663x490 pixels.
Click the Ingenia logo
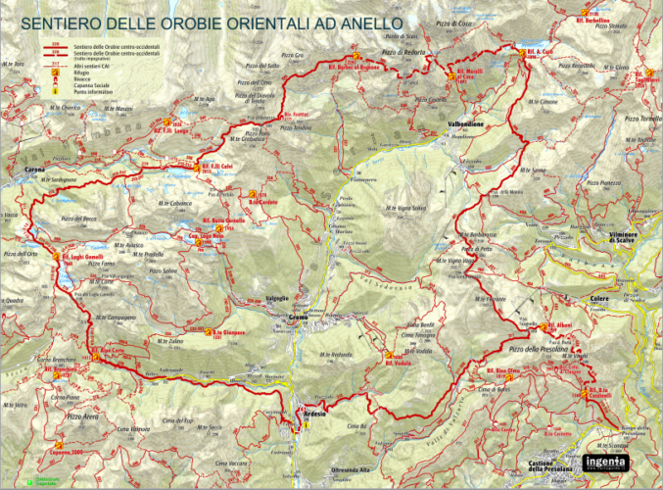coord(610,460)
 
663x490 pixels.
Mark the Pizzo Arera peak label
coord(83,416)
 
